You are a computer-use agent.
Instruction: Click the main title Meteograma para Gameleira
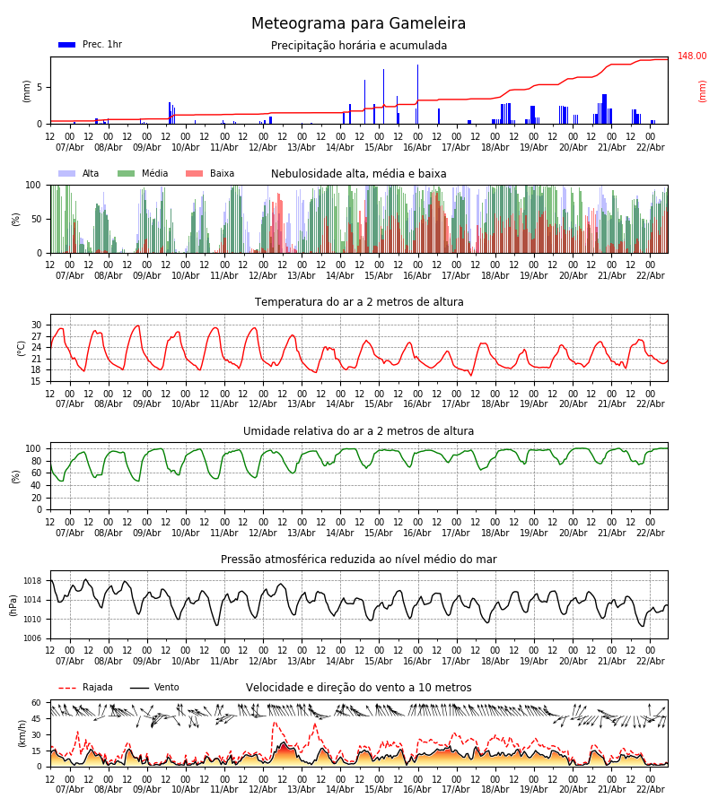pyautogui.click(x=358, y=24)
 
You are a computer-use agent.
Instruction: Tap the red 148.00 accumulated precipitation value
pyautogui.click(x=691, y=56)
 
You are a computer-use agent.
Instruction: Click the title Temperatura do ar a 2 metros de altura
pyautogui.click(x=359, y=302)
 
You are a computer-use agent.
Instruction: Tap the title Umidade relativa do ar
pyautogui.click(x=358, y=431)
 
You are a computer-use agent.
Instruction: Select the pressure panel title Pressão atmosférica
pyautogui.click(x=358, y=560)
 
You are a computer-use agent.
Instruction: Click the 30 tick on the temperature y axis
pyautogui.click(x=37, y=325)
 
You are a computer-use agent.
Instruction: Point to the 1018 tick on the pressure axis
pyautogui.click(x=33, y=581)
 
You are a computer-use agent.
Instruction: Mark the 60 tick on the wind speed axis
pyautogui.click(x=37, y=703)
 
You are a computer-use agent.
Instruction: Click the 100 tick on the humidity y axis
pyautogui.click(x=33, y=448)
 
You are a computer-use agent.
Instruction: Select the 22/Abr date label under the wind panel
pyautogui.click(x=650, y=789)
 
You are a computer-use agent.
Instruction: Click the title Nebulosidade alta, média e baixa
pyautogui.click(x=358, y=174)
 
